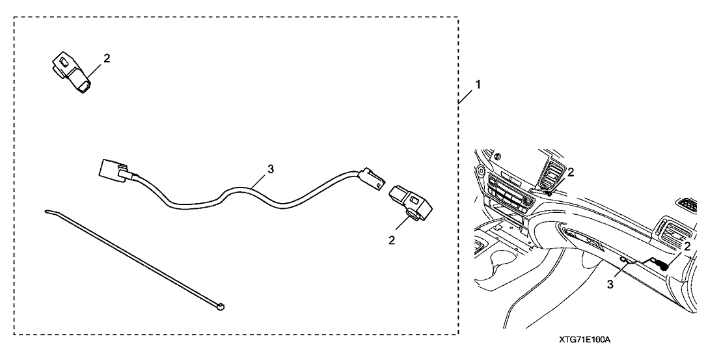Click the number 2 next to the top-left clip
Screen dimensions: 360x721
tap(107, 58)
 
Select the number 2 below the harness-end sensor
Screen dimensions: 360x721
tap(391, 240)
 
